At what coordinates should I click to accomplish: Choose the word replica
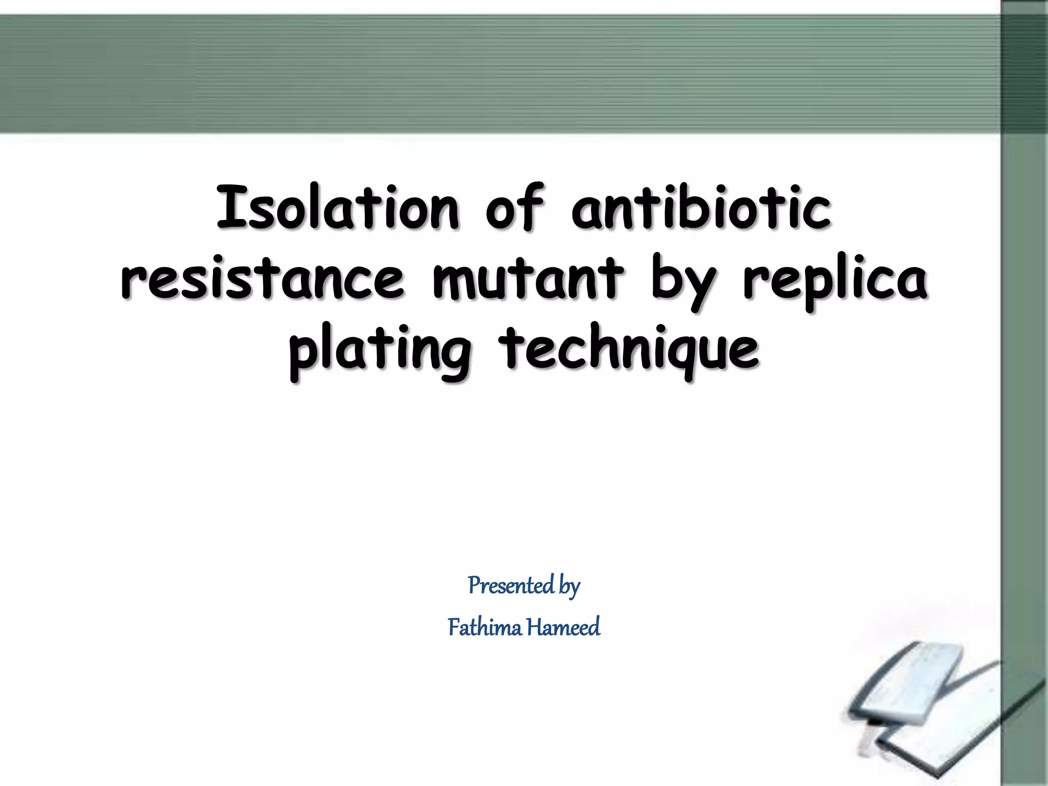[x=835, y=283]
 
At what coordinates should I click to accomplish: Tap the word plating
[x=380, y=351]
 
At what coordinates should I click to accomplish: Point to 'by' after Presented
[x=569, y=586]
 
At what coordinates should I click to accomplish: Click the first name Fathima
[x=485, y=627]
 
